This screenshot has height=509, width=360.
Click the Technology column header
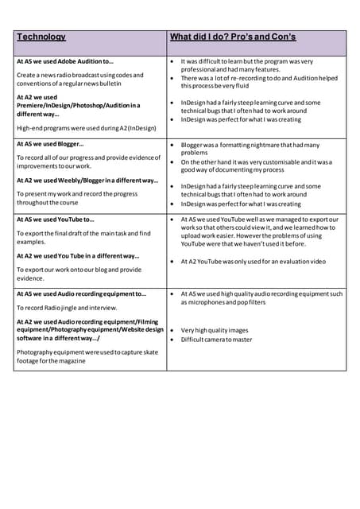point(41,37)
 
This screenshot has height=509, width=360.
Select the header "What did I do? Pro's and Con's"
point(232,37)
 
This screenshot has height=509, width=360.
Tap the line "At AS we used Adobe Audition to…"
point(65,60)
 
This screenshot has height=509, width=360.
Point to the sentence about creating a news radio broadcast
point(79,79)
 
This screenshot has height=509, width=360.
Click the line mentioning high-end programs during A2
point(86,128)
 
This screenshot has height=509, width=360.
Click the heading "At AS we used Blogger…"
point(50,145)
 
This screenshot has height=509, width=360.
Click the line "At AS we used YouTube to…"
point(56,220)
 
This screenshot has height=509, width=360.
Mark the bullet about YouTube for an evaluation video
point(253,261)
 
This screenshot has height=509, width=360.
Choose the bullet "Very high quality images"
point(214,330)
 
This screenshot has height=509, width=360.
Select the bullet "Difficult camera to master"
point(216,340)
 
